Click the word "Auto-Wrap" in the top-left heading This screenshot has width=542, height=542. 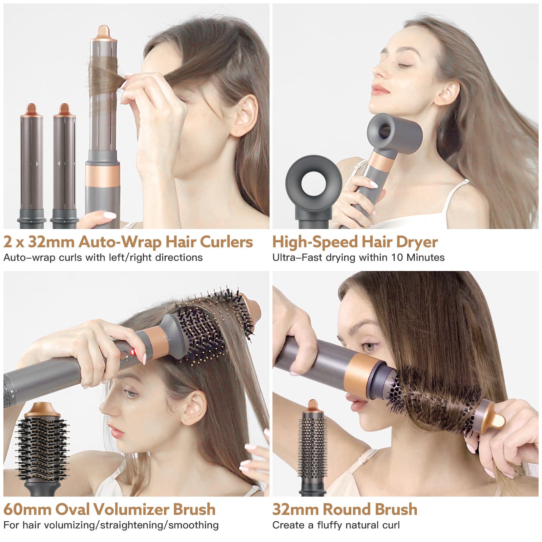tap(120, 242)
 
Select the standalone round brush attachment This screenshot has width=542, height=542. tap(312, 448)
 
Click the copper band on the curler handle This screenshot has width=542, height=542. tap(102, 177)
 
